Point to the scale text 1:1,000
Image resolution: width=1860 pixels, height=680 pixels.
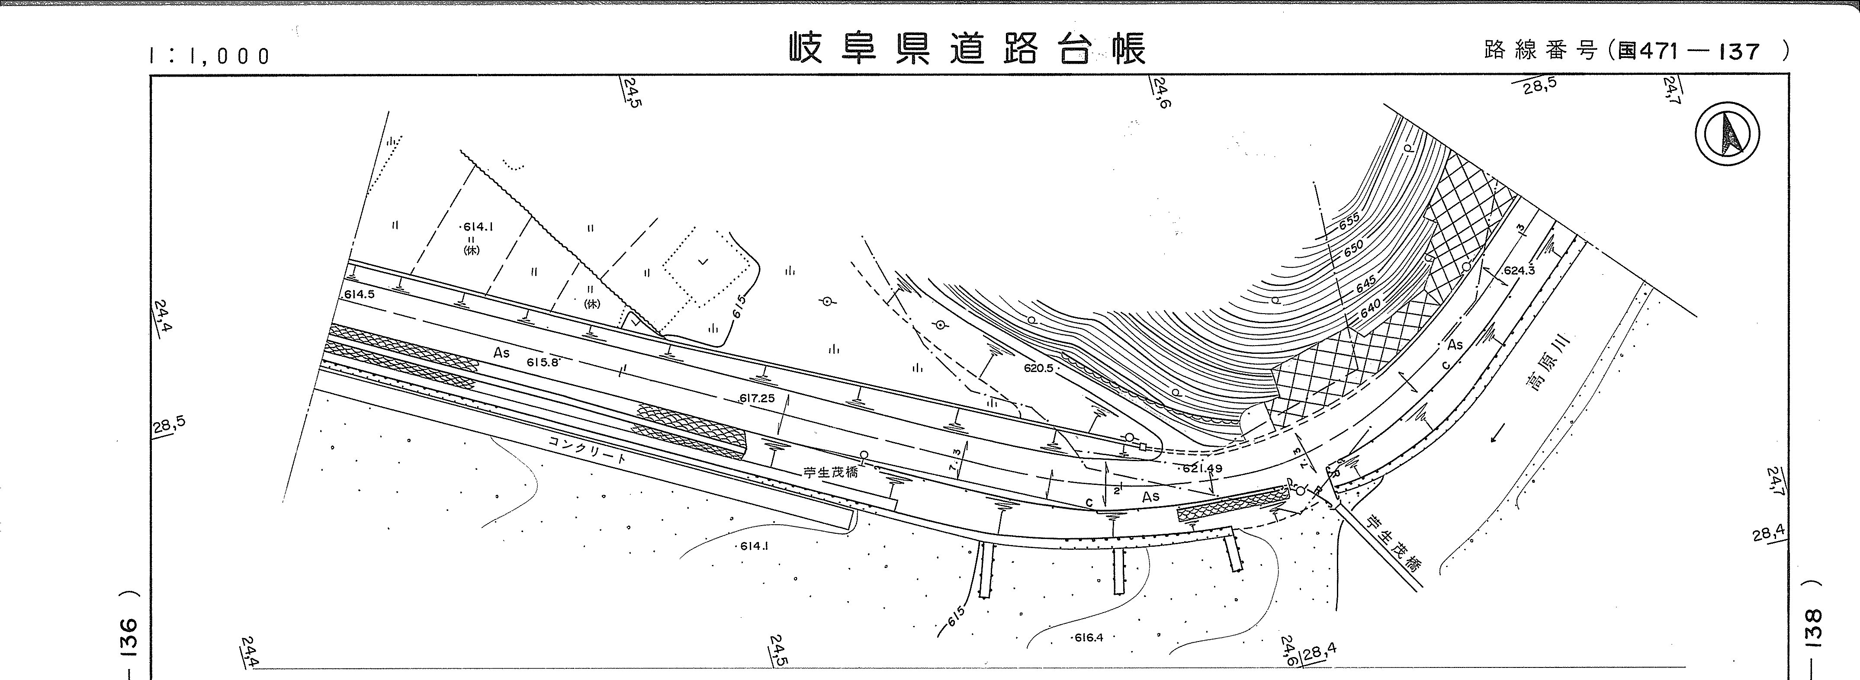pos(209,55)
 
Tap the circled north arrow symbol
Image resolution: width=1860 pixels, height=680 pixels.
pos(1727,134)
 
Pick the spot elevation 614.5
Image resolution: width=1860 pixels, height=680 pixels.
pos(360,295)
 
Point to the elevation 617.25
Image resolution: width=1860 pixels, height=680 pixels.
pos(757,398)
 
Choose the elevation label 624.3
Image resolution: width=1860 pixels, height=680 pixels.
pos(1519,271)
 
